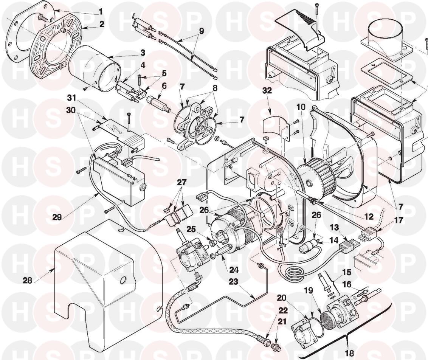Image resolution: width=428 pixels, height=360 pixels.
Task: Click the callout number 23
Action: click(234, 281)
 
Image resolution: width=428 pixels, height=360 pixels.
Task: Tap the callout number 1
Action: click(100, 12)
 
